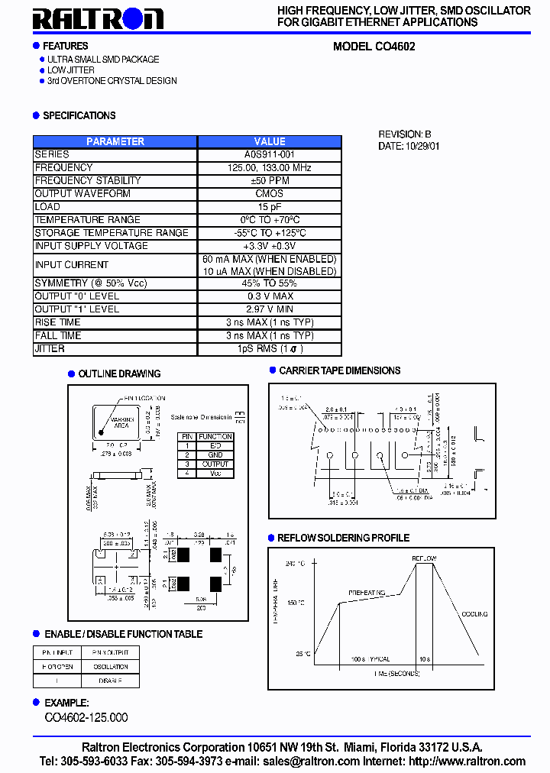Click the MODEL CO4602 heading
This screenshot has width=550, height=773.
(374, 46)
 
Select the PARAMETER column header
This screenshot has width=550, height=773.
(115, 141)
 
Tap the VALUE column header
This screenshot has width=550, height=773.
(270, 141)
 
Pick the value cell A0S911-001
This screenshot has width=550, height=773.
(270, 154)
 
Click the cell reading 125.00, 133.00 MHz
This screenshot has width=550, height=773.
(270, 167)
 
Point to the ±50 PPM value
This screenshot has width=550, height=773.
(270, 180)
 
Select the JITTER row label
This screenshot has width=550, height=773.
(50, 349)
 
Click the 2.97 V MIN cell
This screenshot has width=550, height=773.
(270, 309)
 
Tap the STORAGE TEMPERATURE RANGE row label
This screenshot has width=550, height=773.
(112, 233)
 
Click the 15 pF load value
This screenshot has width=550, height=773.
(270, 207)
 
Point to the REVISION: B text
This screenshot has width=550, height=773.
(405, 134)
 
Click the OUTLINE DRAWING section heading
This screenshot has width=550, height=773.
(119, 374)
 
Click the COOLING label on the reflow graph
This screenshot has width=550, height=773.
(474, 613)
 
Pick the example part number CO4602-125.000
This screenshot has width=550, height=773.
(86, 717)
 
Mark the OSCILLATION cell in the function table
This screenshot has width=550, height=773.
(111, 667)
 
